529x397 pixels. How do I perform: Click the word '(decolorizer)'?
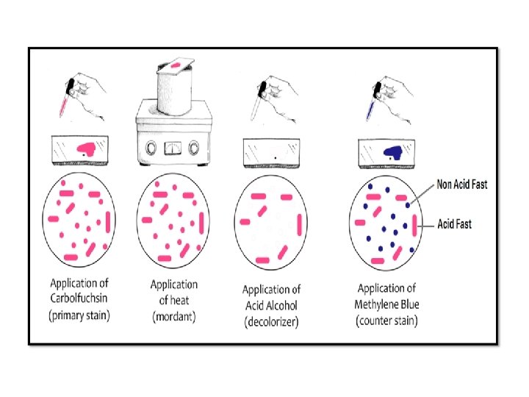(272, 322)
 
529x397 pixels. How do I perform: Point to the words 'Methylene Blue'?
(388, 304)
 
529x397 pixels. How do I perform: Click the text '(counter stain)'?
(387, 322)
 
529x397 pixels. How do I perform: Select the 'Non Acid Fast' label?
(462, 185)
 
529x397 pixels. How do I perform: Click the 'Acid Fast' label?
(455, 223)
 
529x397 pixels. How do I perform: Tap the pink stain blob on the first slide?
(87, 149)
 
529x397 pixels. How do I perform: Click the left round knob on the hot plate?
(151, 146)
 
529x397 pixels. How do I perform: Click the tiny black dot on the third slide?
(274, 157)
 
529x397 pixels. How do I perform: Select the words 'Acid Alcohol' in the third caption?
(272, 306)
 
